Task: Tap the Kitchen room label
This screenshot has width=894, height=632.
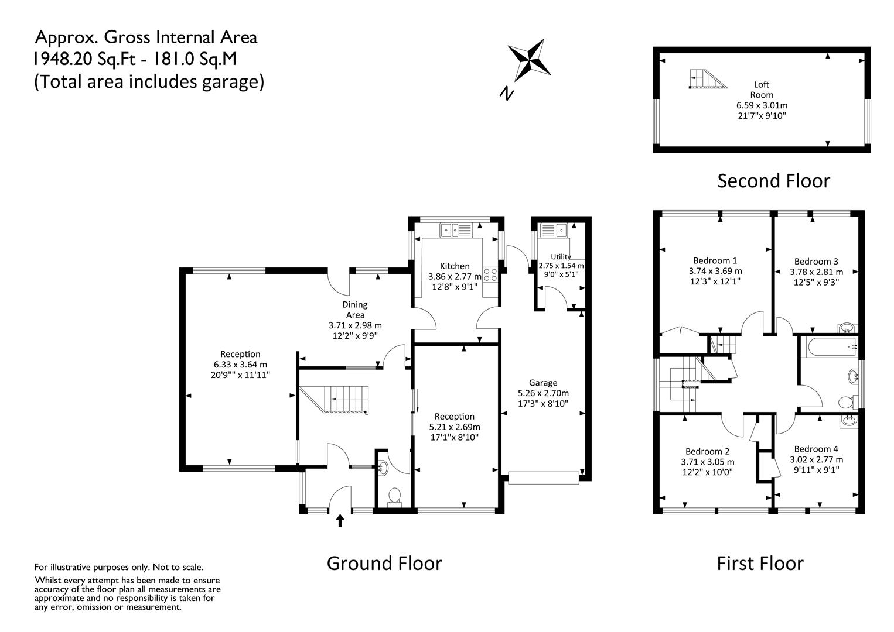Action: click(455, 266)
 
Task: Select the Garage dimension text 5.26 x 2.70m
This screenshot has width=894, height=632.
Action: click(543, 393)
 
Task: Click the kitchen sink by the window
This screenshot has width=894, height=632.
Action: click(456, 230)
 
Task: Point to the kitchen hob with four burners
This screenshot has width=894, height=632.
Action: click(490, 274)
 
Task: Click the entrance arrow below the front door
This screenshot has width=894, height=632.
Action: click(340, 520)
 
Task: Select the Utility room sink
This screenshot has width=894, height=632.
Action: click(554, 230)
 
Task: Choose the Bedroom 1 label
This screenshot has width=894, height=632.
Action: click(715, 261)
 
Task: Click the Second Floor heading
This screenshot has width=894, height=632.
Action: click(773, 181)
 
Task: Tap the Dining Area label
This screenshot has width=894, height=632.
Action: click(355, 310)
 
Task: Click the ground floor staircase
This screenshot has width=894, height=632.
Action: click(334, 399)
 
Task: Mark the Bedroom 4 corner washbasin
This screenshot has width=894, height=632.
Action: click(847, 421)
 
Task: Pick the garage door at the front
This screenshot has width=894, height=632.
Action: click(544, 478)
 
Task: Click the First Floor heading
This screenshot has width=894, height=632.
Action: click(760, 564)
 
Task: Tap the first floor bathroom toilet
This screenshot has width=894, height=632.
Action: click(848, 402)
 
